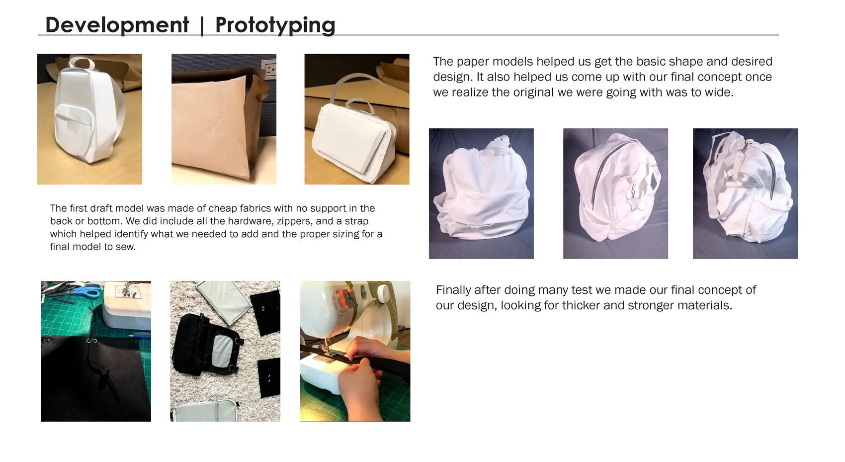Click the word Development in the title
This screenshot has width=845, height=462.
[117, 25]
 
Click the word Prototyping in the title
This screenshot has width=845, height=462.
[275, 26]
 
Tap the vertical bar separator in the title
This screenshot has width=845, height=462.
[202, 26]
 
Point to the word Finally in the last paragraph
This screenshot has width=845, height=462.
[453, 290]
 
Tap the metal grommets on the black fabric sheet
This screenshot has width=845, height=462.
[91, 341]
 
